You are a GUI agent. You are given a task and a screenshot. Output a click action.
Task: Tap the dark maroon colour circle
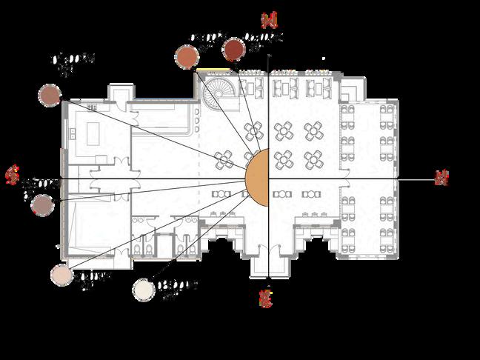coord(234,49)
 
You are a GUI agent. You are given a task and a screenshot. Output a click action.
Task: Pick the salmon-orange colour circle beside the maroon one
coord(186,56)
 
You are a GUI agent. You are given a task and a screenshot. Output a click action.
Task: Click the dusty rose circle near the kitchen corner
coord(50,94)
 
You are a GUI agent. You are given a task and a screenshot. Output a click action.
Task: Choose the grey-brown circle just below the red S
coord(42,204)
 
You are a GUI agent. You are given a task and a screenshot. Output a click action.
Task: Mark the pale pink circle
coord(61,275)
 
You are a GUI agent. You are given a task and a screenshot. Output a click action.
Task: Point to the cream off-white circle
coord(143,289)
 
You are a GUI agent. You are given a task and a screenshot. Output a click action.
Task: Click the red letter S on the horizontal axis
coord(11,175)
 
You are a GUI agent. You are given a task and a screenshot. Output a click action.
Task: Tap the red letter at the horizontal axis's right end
coord(441,177)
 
